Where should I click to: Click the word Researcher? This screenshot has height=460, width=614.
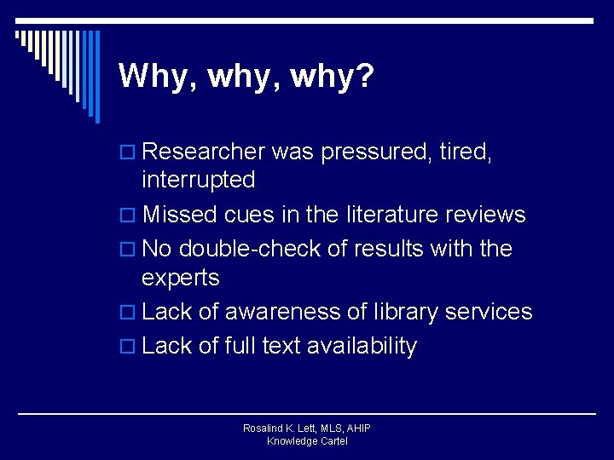204,152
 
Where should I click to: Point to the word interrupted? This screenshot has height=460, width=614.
198,180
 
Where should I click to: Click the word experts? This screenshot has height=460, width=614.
181,278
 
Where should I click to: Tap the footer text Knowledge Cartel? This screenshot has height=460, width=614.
307,441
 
